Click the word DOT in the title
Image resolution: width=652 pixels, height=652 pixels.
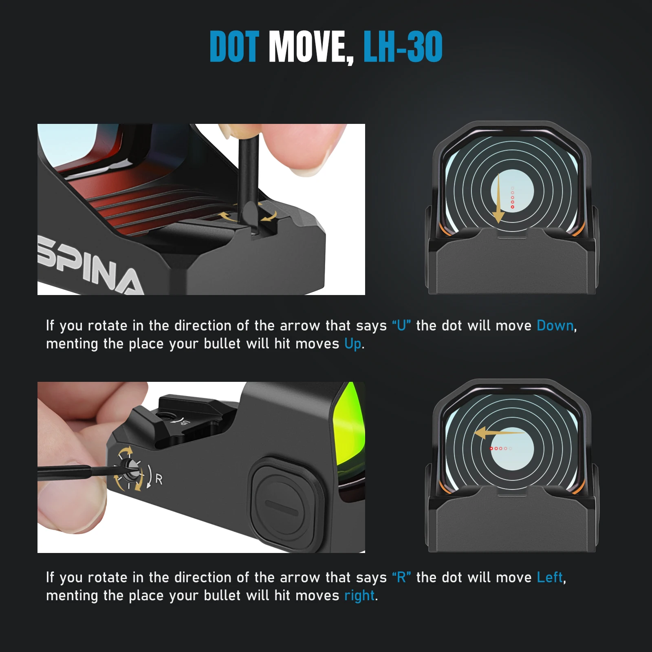(234, 46)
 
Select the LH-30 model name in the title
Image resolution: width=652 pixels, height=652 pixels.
(403, 46)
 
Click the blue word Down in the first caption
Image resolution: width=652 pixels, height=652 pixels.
(555, 326)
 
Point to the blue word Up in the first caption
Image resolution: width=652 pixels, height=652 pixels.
(353, 344)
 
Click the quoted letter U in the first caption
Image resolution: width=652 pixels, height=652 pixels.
(401, 326)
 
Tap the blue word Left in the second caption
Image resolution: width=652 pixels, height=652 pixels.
(550, 577)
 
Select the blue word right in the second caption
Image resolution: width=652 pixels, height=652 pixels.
(359, 596)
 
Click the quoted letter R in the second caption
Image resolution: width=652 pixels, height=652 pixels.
(401, 577)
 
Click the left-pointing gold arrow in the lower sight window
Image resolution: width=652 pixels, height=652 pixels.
(498, 433)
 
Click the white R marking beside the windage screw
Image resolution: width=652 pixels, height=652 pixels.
(159, 479)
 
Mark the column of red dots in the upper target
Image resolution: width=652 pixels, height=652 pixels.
(512, 198)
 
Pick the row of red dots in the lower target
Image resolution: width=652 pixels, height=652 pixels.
(501, 448)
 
